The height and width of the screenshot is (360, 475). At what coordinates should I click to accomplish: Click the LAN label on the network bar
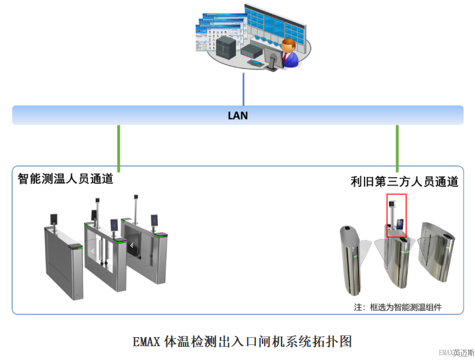coord(238,115)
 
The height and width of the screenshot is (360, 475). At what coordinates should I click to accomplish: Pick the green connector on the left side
coord(119,147)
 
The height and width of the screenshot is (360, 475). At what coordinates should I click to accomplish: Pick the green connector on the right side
coord(397,147)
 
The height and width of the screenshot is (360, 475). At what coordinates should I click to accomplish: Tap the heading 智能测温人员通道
coord(65,178)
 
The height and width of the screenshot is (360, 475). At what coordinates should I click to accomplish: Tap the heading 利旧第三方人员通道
coord(404,182)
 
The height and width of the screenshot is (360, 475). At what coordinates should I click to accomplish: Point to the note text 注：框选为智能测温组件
coord(398,307)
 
